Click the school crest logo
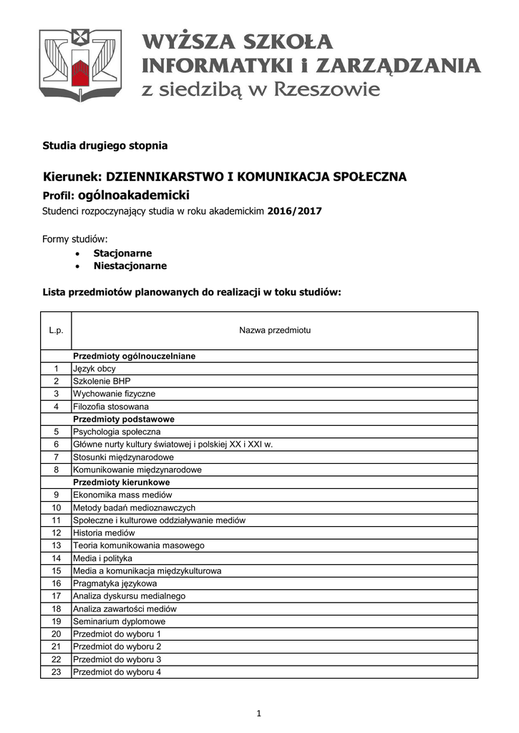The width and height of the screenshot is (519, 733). point(80,66)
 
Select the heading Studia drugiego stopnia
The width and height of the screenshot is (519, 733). point(105,145)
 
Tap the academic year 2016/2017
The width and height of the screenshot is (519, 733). point(295,211)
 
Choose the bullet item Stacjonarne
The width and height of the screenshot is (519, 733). point(122,253)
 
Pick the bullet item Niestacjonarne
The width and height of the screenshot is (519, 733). point(130,266)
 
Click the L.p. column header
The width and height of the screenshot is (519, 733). point(57,331)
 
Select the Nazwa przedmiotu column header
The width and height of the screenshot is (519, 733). point(274,331)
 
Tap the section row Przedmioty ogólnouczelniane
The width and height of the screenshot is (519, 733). point(134,356)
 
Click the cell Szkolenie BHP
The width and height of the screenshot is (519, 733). point(102,381)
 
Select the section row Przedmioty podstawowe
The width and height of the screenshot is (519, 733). point(123,419)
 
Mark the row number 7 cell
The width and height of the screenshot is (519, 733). point(56,457)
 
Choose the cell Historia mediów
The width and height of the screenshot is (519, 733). point(103,533)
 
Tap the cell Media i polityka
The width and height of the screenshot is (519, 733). point(102,558)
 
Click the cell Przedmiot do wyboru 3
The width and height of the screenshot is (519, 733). point(117,659)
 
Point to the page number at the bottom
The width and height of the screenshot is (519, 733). point(260,713)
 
